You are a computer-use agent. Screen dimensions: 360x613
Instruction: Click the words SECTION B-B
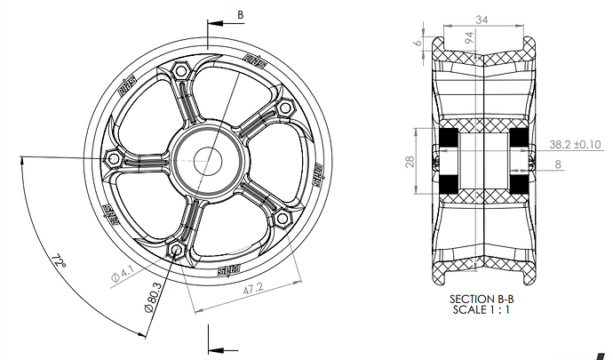(x=482, y=300)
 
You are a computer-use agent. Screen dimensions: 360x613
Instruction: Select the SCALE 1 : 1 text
(x=482, y=313)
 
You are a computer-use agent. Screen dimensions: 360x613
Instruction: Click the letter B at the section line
(x=240, y=15)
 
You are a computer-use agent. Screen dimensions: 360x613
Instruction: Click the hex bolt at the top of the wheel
(x=180, y=70)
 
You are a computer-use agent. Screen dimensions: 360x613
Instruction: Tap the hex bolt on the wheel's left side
(x=114, y=157)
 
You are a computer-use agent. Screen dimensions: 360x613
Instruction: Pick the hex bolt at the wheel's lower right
(x=284, y=218)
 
